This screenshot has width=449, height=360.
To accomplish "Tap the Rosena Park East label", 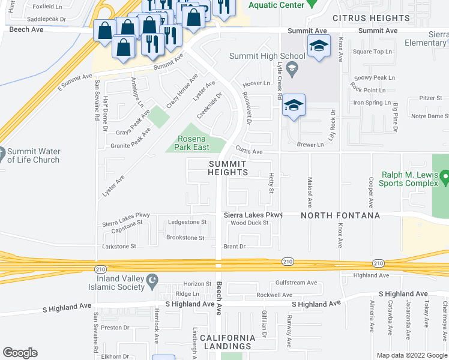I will pos(194,143).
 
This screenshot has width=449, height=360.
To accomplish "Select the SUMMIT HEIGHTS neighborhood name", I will pos(228,168).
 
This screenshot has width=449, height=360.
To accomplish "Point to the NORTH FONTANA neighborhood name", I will pos(340,215).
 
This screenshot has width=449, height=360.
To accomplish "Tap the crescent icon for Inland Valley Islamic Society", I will pos(153,280).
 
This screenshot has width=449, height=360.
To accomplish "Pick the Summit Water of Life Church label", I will pos(33,155).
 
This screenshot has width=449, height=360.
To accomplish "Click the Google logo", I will pos(20,353).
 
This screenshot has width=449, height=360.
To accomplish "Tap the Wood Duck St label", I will pos(249,223).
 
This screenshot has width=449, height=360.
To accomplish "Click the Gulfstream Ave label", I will pos(296,283).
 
